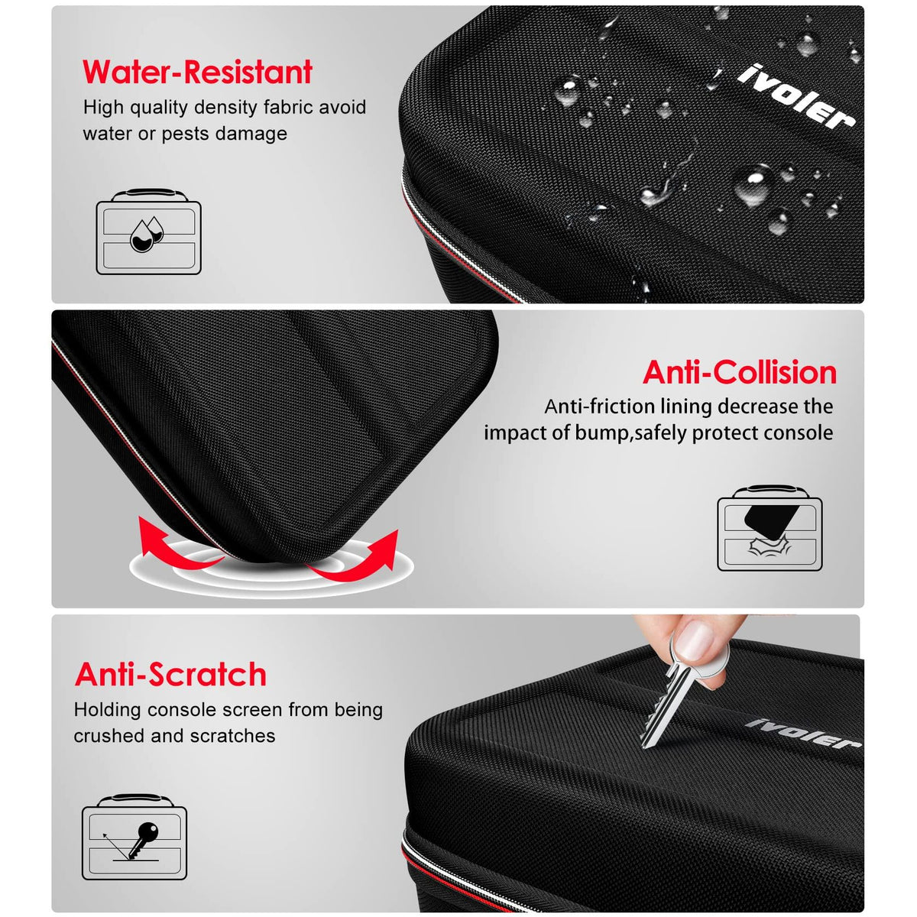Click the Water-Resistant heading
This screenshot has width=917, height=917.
pos(197,72)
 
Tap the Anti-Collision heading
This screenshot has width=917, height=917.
pos(740,372)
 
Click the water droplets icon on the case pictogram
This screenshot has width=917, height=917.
pos(147,234)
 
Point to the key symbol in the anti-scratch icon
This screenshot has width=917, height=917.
pos(143,841)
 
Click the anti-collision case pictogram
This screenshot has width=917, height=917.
pos(770,528)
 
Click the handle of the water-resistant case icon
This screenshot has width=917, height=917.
pos(148,193)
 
